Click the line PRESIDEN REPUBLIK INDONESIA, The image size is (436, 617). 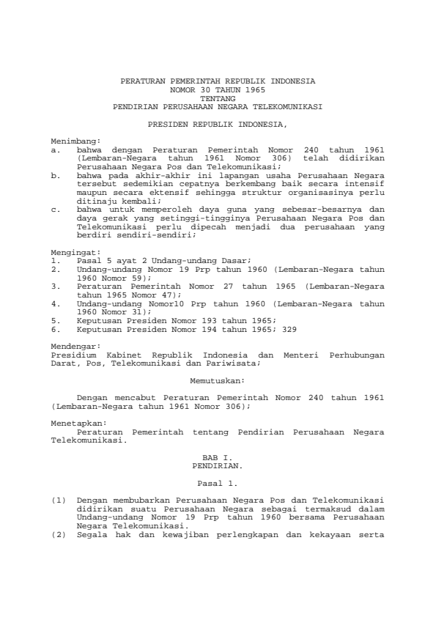point(218,125)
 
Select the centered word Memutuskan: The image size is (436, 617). point(218,380)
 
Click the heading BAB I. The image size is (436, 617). point(218,457)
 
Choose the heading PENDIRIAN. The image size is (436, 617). point(218,465)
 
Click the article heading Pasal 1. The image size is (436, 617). point(218,484)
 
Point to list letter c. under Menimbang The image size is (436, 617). point(55,209)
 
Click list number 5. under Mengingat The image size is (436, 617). point(55,320)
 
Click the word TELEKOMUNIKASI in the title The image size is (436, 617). point(281,105)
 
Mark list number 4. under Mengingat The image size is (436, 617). point(55,302)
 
